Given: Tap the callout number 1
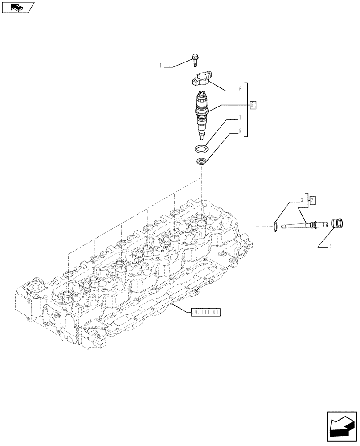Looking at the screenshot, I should point(160,66).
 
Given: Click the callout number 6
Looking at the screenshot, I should point(240,89).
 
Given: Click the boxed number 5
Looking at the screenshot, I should point(253,105).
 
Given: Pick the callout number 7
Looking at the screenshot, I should point(240,118).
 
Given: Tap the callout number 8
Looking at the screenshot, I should point(240,132).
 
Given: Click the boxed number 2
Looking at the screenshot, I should point(313,199).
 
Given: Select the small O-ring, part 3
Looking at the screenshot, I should point(276,227).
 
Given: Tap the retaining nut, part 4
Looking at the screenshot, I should point(337,223).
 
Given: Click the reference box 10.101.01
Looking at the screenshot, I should point(205,312).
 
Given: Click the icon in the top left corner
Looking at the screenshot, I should point(17,7).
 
